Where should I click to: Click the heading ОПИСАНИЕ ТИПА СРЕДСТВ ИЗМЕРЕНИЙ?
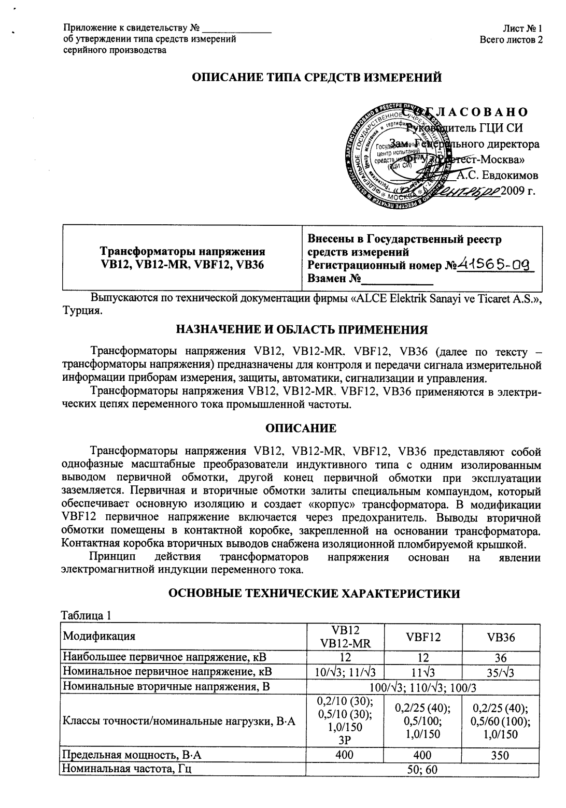(317, 78)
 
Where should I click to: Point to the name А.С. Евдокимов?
(497, 175)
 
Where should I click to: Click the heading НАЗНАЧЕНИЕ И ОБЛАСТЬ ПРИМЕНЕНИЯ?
(302, 330)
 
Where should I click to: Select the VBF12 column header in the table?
(422, 637)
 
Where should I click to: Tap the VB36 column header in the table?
(501, 638)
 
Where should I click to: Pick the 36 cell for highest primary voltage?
(501, 658)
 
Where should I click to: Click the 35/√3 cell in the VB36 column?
(501, 672)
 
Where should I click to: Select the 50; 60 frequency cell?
(422, 769)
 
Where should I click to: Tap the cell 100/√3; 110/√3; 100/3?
(422, 687)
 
